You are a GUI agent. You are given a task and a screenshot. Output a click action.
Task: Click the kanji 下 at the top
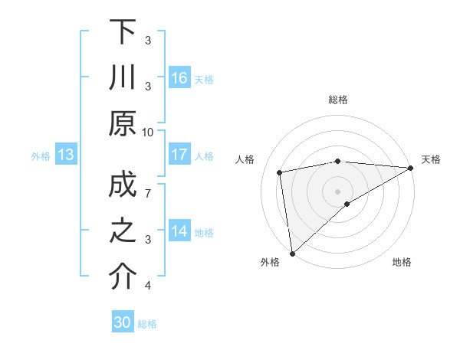[123, 31]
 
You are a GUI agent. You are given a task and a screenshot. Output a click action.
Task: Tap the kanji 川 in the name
[123, 78]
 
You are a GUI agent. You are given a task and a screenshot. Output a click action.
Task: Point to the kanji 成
[123, 188]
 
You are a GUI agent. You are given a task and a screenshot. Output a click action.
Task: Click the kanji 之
[123, 233]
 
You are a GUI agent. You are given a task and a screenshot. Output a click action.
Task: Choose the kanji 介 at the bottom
[123, 277]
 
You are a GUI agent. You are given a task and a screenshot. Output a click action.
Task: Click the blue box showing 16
[179, 78]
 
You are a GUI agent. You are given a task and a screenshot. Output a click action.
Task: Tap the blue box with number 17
[179, 155]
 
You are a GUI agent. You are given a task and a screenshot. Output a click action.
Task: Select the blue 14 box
[179, 231]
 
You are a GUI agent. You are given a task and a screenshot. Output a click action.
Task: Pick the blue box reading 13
[66, 155]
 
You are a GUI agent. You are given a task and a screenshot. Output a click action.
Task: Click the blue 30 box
[123, 323]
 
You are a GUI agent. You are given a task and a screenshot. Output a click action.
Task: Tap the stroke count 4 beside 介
[149, 286]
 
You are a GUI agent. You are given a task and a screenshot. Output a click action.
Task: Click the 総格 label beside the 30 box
[147, 324]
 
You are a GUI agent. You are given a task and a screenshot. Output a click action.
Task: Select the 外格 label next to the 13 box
[41, 156]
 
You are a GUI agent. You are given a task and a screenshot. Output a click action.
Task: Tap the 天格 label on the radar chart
[431, 159]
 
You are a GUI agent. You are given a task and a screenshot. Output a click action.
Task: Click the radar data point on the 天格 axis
[411, 169]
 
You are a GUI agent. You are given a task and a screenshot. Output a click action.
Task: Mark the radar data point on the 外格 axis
[292, 253]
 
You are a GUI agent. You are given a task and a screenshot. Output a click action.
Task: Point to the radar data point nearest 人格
[281, 172]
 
